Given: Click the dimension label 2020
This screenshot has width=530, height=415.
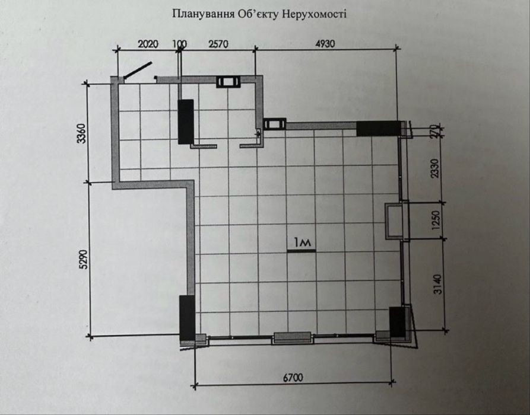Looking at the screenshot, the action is click(x=148, y=44).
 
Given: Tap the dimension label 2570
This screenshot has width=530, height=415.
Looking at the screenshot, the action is click(x=218, y=44).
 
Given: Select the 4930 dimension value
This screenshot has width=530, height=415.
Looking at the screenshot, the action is click(x=325, y=44).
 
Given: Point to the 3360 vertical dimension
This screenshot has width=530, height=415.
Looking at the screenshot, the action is click(x=82, y=133).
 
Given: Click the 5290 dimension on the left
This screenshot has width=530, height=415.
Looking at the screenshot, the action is click(x=83, y=259).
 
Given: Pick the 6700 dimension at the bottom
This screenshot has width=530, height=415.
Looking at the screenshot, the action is click(x=293, y=378).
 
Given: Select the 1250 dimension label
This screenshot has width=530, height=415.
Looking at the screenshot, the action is click(x=436, y=220).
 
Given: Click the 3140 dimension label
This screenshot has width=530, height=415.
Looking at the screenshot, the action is click(x=438, y=285).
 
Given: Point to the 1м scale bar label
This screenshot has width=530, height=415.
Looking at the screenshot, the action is click(x=302, y=242).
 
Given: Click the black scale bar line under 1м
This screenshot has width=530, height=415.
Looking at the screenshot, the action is click(x=301, y=251).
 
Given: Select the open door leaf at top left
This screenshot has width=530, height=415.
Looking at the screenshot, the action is click(x=138, y=70).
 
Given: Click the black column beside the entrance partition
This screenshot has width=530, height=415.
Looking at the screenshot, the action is click(x=186, y=122).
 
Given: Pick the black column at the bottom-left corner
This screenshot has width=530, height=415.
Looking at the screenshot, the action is click(x=187, y=318).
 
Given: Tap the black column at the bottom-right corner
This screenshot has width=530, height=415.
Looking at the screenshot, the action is click(x=397, y=322).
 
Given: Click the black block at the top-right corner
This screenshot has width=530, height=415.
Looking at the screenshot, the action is click(x=379, y=128).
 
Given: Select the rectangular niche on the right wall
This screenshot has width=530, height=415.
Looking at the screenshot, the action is click(x=395, y=221).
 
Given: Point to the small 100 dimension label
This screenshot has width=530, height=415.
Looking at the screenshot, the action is click(x=179, y=44).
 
